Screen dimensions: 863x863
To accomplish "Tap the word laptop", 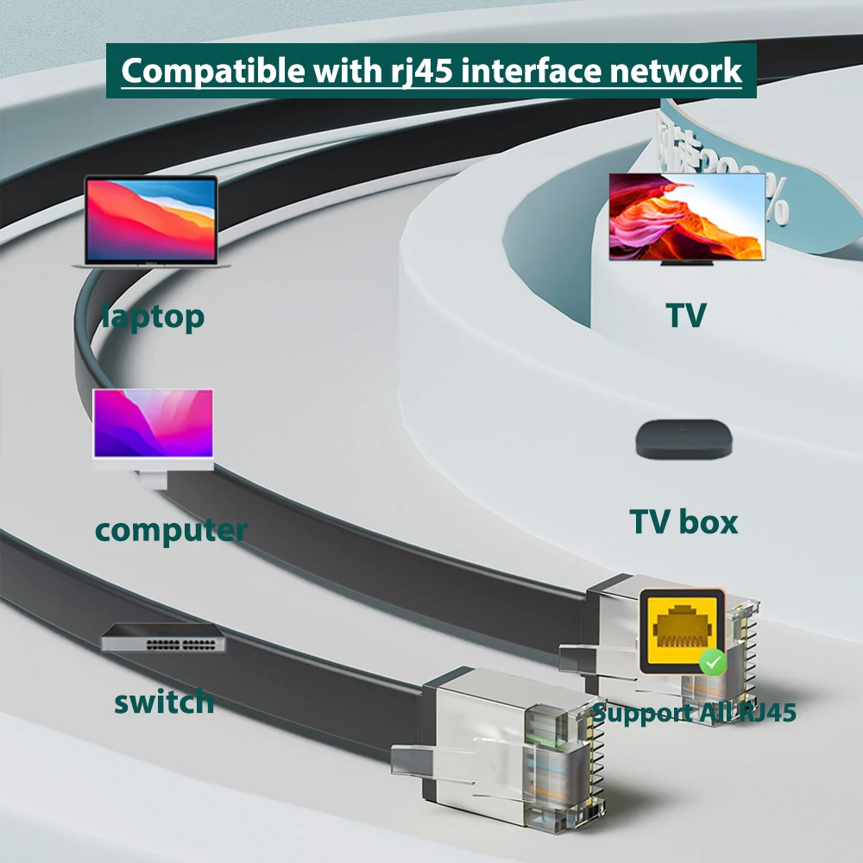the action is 154,317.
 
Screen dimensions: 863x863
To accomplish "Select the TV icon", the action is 687,217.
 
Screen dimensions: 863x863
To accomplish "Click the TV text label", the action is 686,316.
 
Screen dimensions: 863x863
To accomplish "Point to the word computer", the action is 171,530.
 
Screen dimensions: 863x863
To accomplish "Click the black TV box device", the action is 685,439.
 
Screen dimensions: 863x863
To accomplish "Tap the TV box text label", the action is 683,522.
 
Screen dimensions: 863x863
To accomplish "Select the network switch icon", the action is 164,638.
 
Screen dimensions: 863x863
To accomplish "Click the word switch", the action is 164,702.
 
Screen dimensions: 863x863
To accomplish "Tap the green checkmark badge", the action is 712,663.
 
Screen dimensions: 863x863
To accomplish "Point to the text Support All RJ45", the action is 694,713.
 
